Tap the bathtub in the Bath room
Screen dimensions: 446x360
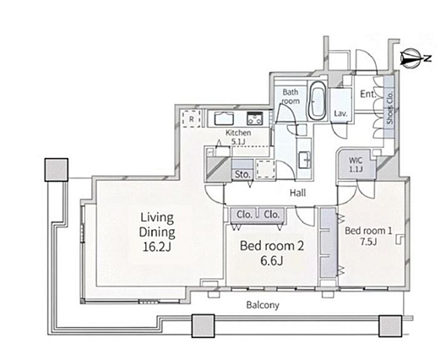[x=317, y=101]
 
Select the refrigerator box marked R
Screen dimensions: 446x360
[x=192, y=118]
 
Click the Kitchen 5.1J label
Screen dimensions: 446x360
[x=238, y=137]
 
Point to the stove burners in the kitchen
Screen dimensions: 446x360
[x=255, y=118]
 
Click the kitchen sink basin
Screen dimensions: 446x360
[x=224, y=118]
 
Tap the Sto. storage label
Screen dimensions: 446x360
[x=242, y=174]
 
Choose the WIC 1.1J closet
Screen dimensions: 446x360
[x=356, y=164]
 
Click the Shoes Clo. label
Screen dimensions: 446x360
[x=389, y=107]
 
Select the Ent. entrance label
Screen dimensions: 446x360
[x=368, y=94]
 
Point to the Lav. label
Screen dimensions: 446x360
[x=340, y=113]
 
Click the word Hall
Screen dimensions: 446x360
[x=298, y=193]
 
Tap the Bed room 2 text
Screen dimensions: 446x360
[x=272, y=246]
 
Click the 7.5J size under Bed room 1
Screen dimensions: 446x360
[x=368, y=242]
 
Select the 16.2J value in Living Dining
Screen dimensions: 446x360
[x=157, y=247]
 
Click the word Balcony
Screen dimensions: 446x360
[x=263, y=305]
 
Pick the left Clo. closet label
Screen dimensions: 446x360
[x=245, y=215]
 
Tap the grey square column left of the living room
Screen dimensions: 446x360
[x=57, y=170]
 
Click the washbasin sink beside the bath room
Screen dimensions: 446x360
[x=305, y=160]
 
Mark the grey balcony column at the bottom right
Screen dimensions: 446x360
[x=390, y=326]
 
